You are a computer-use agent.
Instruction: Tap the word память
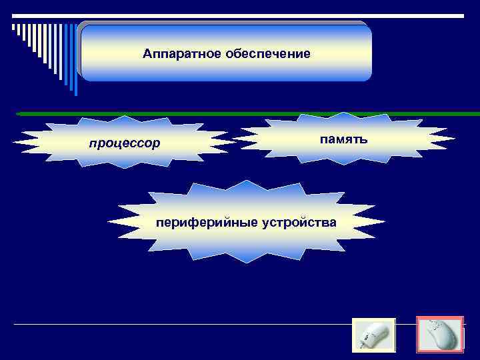coord(341,139)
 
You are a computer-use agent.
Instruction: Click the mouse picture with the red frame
coord(439,334)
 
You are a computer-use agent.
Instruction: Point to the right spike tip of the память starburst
coord(455,139)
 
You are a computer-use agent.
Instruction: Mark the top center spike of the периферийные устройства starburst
coord(247,182)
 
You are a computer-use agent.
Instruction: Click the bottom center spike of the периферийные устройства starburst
coord(247,261)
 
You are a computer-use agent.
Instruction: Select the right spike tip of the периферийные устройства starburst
coord(384,221)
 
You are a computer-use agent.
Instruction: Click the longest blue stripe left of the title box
coord(76,60)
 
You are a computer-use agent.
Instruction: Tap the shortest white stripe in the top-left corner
coord(13,27)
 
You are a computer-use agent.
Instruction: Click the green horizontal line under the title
coord(247,114)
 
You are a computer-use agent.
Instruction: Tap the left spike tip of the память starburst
coord(233,139)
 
